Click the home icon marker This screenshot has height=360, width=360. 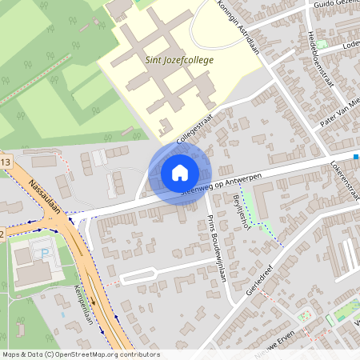(180, 173)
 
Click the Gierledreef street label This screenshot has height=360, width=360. (261, 280)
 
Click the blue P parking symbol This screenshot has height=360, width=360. (45, 252)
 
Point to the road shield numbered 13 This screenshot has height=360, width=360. (6, 163)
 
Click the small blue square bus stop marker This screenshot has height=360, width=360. (356, 157)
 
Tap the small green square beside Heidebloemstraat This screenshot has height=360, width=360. (322, 44)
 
